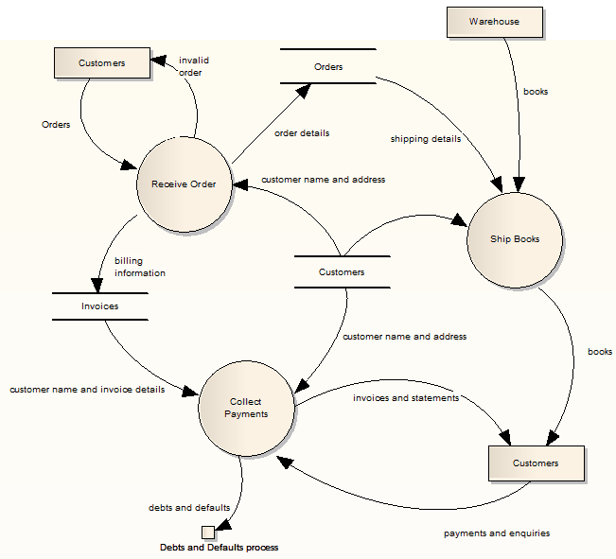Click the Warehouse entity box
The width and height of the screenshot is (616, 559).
(494, 22)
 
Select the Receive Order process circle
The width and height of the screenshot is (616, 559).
(184, 184)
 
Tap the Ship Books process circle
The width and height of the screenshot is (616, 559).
(516, 239)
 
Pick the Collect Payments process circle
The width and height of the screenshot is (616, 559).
(246, 408)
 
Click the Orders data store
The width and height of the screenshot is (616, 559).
(328, 67)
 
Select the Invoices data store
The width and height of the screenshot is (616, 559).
(99, 306)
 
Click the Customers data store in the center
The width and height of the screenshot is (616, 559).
(342, 272)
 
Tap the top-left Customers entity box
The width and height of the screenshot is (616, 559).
(101, 63)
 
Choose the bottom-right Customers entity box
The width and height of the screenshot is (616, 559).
(536, 463)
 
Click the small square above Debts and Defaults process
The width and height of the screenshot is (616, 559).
(207, 532)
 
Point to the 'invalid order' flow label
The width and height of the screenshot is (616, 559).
(194, 66)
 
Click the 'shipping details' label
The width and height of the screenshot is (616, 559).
(426, 139)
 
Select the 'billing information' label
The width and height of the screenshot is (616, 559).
(140, 267)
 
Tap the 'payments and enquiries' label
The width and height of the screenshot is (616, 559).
(497, 533)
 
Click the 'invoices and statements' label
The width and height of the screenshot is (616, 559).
(406, 398)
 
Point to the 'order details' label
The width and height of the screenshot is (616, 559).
(302, 133)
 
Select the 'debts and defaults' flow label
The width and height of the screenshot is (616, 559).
(189, 508)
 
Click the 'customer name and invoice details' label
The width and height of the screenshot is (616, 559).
(87, 390)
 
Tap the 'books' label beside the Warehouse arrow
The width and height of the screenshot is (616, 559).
(536, 92)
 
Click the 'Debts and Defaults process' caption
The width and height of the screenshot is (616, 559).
(219, 548)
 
